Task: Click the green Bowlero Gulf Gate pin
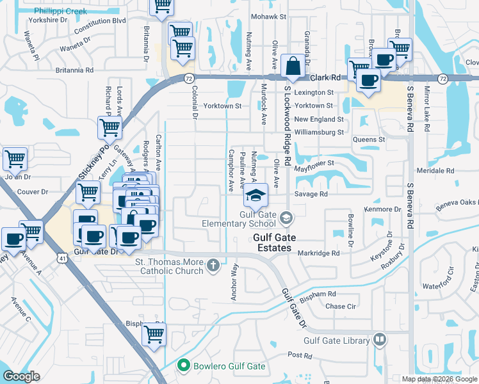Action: [x=184, y=366]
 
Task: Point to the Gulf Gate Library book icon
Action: [x=380, y=340]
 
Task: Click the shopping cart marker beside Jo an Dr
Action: [x=15, y=158]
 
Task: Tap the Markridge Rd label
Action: [x=318, y=253]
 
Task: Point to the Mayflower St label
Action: [x=314, y=163]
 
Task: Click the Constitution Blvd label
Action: [x=99, y=21]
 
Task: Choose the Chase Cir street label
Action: [x=341, y=306]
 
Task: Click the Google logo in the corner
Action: [x=21, y=376]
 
